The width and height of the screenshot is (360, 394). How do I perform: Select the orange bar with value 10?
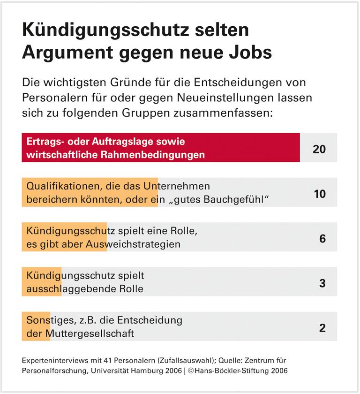(x=90, y=192)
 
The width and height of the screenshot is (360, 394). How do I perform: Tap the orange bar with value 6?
(x=64, y=237)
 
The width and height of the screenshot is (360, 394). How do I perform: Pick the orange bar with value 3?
(x=41, y=281)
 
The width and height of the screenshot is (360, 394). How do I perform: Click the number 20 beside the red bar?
(x=319, y=149)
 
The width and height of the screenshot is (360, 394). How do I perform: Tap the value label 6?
(x=322, y=238)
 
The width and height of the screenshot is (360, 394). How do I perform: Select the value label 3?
(x=322, y=283)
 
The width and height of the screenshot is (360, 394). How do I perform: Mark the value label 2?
(x=322, y=327)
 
